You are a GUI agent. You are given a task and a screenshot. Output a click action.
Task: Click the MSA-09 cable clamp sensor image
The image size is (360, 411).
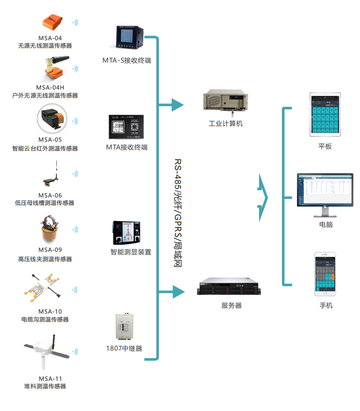[50, 229]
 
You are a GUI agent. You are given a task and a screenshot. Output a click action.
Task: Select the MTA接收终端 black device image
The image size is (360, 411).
[126, 127]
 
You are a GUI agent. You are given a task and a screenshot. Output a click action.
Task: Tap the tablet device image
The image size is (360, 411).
[326, 115]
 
